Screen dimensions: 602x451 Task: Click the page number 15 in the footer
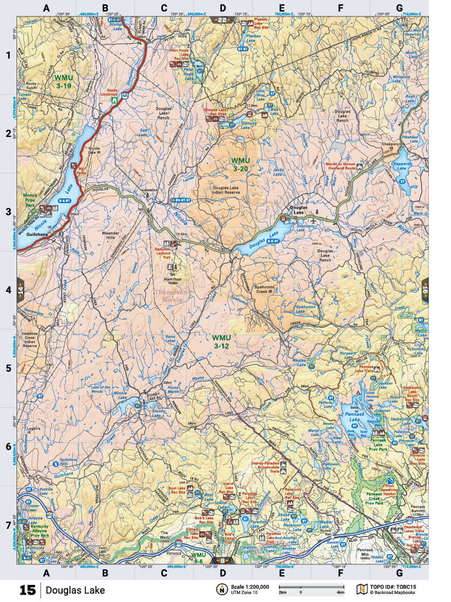(27, 589)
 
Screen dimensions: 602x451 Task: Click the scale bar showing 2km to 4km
(302, 588)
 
